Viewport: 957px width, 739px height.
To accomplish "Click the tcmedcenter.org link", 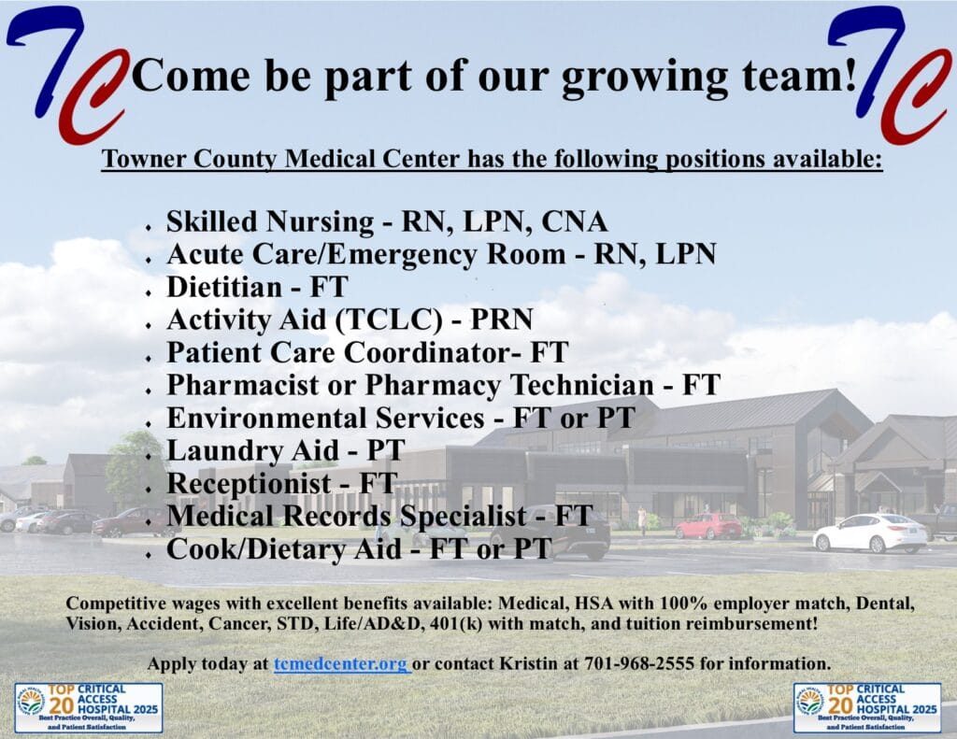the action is [342, 663].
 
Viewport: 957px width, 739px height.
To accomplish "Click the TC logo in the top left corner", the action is [68, 73].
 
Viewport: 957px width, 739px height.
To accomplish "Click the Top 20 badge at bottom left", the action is [89, 707].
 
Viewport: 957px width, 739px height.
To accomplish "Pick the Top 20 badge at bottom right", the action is [867, 707].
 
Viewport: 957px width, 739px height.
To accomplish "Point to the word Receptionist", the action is [249, 483].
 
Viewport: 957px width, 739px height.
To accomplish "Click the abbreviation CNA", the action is [575, 221].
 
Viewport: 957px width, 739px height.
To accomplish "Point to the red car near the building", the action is [708, 526].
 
